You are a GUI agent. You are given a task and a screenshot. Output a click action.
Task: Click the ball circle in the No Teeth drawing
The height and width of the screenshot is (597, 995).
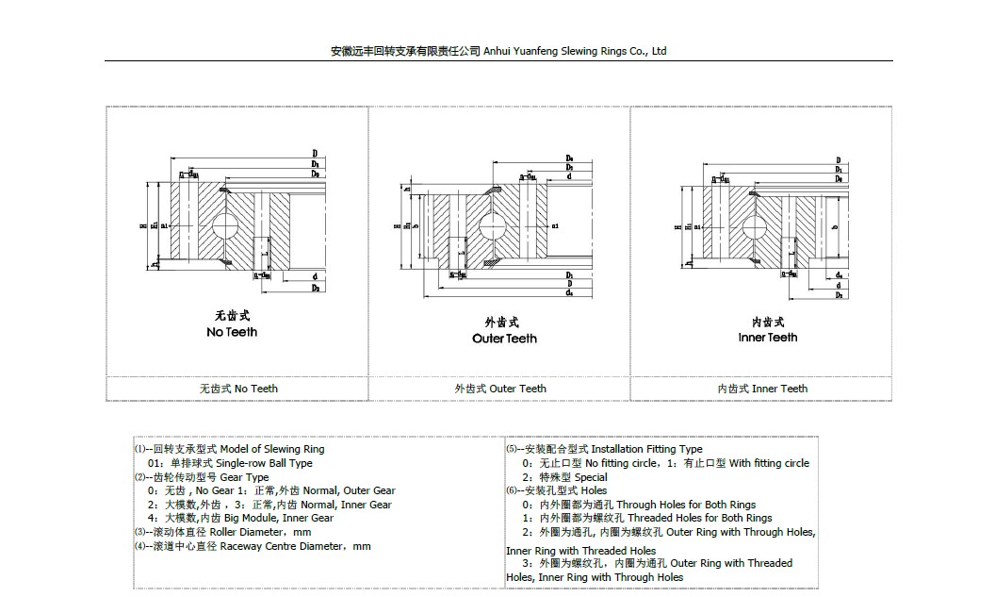pyautogui.click(x=228, y=226)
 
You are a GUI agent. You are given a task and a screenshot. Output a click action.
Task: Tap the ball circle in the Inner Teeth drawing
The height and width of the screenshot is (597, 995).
pyautogui.click(x=755, y=226)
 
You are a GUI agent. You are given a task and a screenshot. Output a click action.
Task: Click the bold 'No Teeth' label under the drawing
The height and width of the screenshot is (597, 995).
pyautogui.click(x=232, y=332)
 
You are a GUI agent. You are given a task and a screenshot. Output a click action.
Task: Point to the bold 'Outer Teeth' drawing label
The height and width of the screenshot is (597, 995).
pyautogui.click(x=504, y=338)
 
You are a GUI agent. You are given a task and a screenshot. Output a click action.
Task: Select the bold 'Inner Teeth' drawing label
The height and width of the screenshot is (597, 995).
pyautogui.click(x=767, y=337)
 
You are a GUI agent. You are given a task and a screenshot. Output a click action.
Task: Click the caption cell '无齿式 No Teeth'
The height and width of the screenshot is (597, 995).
pyautogui.click(x=238, y=388)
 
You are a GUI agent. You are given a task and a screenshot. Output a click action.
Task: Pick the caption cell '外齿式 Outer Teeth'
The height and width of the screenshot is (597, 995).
pyautogui.click(x=500, y=388)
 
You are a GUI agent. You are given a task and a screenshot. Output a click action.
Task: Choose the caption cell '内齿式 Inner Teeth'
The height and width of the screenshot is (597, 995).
pyautogui.click(x=762, y=388)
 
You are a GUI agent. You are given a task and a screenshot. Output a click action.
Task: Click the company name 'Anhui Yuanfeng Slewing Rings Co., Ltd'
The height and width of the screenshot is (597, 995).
pyautogui.click(x=575, y=51)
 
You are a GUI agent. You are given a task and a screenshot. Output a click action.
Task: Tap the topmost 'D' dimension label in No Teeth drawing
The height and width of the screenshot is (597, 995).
pyautogui.click(x=315, y=153)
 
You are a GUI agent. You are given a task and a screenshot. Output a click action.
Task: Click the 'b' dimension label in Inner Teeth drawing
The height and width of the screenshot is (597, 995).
pyautogui.click(x=834, y=226)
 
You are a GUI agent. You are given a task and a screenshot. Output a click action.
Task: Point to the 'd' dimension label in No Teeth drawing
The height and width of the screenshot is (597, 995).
pyautogui.click(x=312, y=275)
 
